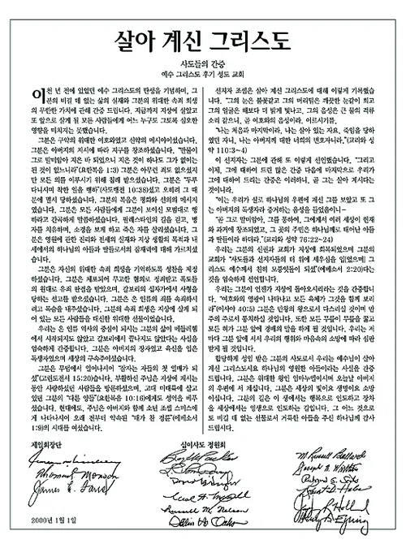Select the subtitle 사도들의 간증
click(203, 68)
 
